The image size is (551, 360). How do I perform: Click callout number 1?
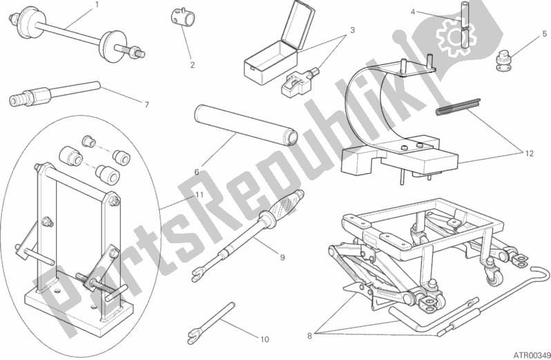coord(97,5)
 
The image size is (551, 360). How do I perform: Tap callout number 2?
coord(192,65)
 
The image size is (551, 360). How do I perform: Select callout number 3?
coord(352,30)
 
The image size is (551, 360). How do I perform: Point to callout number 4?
coord(413,12)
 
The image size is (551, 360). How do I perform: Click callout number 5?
coord(544,34)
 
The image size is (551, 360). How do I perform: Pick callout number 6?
coord(197,172)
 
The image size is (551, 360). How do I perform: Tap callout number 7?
coord(146,104)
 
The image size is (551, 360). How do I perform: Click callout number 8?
coord(309,336)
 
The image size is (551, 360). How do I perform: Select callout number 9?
coord(282,257)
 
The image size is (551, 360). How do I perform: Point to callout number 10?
coord(264,339)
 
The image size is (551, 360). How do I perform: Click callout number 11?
coord(200,195)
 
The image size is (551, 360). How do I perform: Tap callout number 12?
coord(529,153)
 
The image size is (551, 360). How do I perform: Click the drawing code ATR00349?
coord(532,355)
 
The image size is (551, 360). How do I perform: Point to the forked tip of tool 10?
coord(193,336)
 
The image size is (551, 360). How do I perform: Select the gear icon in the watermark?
coord(456,36)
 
